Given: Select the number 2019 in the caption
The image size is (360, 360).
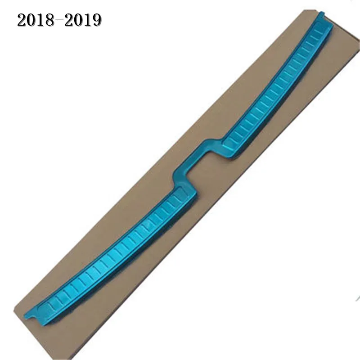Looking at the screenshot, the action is pos(82,20).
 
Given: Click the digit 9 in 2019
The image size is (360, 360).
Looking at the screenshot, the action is pos(97,20).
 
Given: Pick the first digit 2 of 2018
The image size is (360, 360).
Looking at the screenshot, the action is pos(22,20).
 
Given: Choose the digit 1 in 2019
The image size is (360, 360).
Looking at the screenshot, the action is pos(87,20).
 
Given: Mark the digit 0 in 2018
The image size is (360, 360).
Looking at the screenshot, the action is pos(31,20).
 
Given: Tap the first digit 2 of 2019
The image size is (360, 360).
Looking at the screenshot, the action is pos(68,20).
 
